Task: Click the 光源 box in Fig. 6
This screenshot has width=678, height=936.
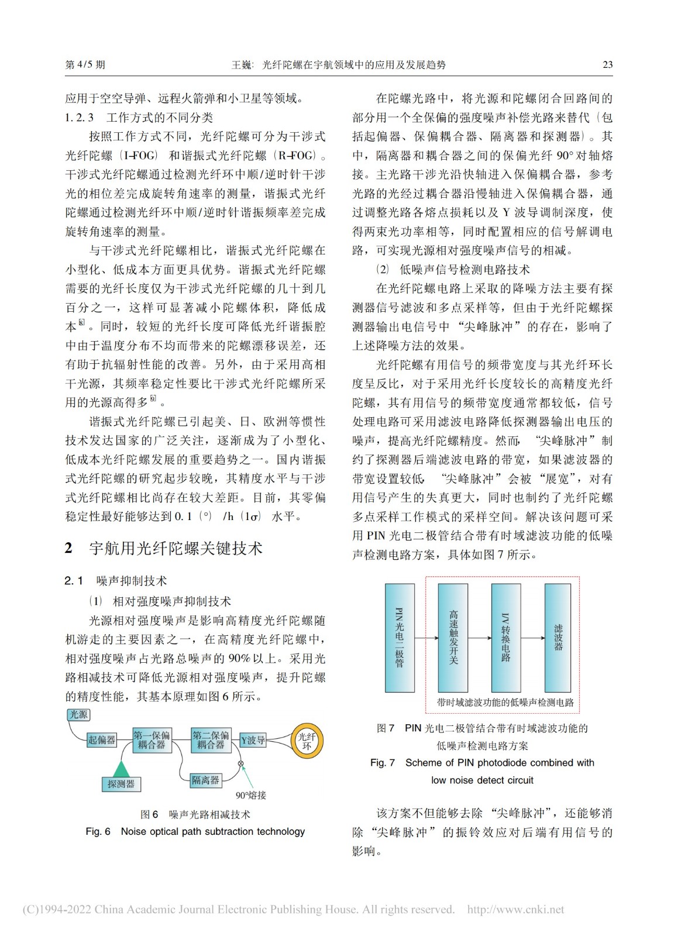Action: [x=79, y=714]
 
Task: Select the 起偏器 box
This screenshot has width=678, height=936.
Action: [x=102, y=740]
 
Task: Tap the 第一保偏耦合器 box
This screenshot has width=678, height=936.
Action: [x=152, y=740]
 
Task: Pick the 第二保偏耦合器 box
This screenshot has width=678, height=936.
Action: [x=211, y=740]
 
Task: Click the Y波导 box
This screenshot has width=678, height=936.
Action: [x=253, y=741]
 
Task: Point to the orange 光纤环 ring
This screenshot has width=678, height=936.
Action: [x=307, y=741]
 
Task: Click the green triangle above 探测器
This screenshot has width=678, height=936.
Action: [x=121, y=769]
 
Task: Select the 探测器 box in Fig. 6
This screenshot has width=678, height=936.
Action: [x=121, y=784]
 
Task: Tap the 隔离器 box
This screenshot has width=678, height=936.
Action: [x=206, y=780]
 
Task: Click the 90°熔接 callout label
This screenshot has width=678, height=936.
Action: [x=251, y=795]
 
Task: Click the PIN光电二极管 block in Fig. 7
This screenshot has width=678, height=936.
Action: [x=400, y=638]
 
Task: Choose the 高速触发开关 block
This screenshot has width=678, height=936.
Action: [x=453, y=638]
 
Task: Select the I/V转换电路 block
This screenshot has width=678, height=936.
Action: [x=506, y=638]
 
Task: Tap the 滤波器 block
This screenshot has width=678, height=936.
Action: [x=558, y=638]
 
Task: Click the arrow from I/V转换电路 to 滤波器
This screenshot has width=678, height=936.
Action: [x=532, y=638]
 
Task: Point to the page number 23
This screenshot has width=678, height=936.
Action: [x=607, y=64]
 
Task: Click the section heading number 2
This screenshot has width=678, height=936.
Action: [x=69, y=548]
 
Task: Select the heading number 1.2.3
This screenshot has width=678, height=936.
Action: [x=79, y=118]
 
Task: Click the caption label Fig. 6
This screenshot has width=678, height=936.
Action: [x=98, y=831]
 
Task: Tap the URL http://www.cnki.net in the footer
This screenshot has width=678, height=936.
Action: [x=515, y=910]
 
